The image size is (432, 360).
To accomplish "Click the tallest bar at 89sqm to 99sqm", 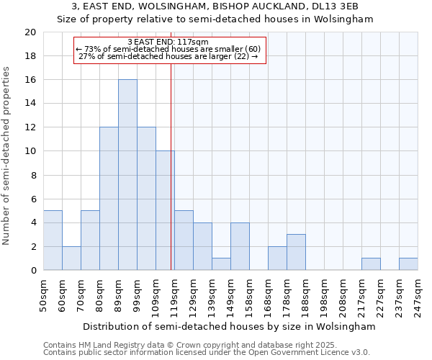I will pyautogui.click(x=127, y=175).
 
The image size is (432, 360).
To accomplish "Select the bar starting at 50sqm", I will pyautogui.click(x=53, y=240).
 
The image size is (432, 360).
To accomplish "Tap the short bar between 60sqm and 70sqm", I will pyautogui.click(x=71, y=258).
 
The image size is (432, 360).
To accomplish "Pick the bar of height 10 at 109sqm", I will pyautogui.click(x=165, y=211).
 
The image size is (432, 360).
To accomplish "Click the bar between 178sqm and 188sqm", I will pyautogui.click(x=296, y=253).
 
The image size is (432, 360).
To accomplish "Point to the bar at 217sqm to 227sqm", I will pyautogui.click(x=371, y=264).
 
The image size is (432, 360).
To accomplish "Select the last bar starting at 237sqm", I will pyautogui.click(x=408, y=264).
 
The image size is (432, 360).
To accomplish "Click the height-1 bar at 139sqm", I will pyautogui.click(x=221, y=264).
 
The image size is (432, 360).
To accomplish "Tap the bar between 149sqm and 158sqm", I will pyautogui.click(x=240, y=247).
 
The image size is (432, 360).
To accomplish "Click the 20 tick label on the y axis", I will pyautogui.click(x=30, y=32).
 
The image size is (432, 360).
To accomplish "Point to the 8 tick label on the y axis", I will pyautogui.click(x=33, y=175).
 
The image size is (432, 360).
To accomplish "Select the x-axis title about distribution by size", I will pyautogui.click(x=230, y=326).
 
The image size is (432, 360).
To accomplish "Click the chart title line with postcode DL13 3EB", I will pyautogui.click(x=215, y=6).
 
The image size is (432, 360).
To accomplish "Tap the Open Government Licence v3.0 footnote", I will pyautogui.click(x=207, y=353).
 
